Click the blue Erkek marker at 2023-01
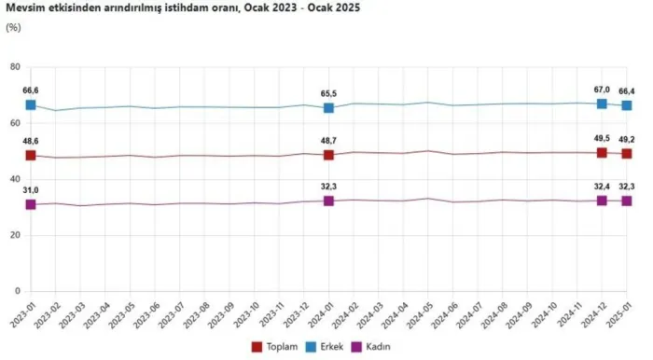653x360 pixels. click(x=31, y=104)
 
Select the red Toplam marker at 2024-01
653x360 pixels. click(x=328, y=155)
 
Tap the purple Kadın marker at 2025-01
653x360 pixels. click(x=626, y=201)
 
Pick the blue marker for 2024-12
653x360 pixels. click(x=602, y=104)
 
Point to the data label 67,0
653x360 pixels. click(x=602, y=90)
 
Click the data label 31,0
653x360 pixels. click(x=31, y=190)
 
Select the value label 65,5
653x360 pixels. click(x=328, y=93)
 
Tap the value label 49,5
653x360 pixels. click(x=602, y=139)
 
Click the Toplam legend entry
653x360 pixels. click(x=275, y=347)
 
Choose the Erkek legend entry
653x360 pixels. click(x=325, y=347)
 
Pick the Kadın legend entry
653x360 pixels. click(x=371, y=347)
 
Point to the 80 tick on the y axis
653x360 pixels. click(x=15, y=66)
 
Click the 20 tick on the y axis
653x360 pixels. click(x=15, y=235)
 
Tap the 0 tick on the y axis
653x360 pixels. click(x=18, y=291)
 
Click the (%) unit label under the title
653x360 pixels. click(x=13, y=28)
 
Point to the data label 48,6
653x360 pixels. click(x=31, y=142)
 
